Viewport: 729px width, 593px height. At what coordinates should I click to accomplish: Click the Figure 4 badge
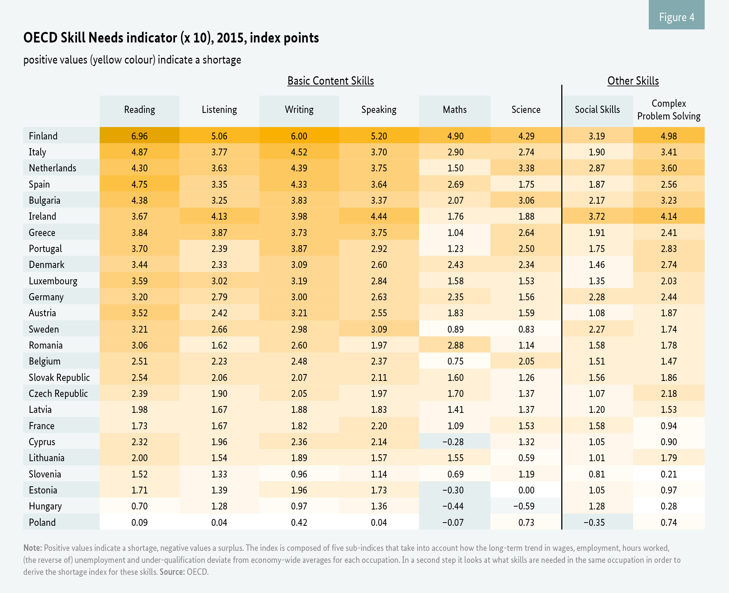click(676, 17)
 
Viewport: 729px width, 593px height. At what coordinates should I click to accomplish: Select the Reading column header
click(139, 110)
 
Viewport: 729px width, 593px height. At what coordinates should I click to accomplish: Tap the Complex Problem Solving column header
click(669, 110)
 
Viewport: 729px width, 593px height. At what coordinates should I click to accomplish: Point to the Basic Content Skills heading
click(330, 81)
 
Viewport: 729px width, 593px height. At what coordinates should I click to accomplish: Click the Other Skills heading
click(633, 81)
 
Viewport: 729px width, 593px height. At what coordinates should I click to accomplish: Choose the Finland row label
click(43, 136)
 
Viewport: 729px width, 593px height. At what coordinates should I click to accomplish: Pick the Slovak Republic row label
click(59, 377)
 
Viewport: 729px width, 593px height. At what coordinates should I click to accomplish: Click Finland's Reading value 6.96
click(139, 136)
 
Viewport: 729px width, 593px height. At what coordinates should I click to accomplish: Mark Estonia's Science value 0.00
click(526, 490)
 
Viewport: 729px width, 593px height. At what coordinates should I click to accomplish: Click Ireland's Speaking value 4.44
click(379, 216)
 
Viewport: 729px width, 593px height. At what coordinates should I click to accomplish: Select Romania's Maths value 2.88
click(455, 345)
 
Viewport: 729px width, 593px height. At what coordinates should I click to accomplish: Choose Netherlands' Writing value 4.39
click(299, 168)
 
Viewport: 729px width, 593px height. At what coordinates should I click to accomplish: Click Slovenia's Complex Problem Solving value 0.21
click(669, 474)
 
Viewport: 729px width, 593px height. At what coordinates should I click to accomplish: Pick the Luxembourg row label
click(53, 281)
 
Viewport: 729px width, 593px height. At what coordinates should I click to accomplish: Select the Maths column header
click(455, 110)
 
